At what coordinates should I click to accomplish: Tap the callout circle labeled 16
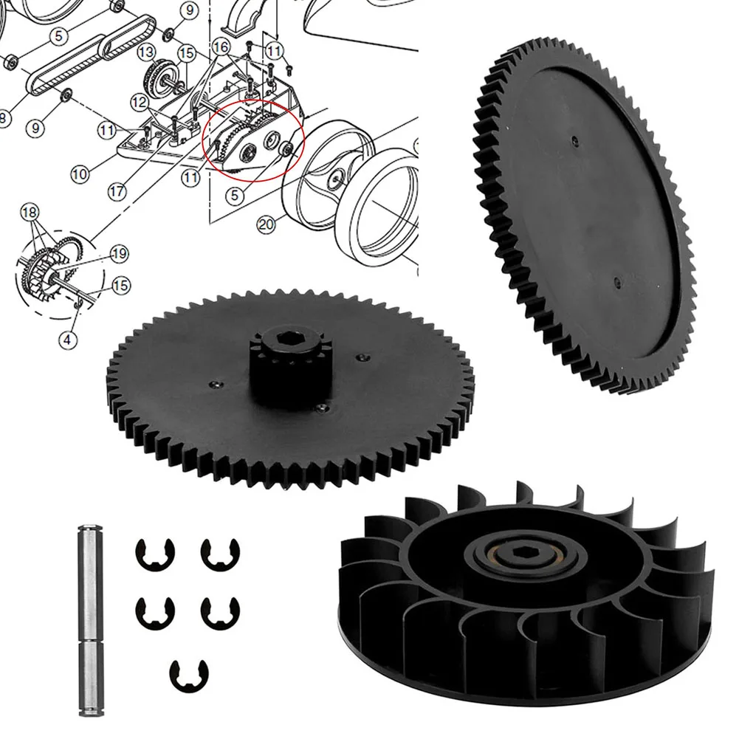pyautogui.click(x=221, y=46)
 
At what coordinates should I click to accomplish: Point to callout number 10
pyautogui.click(x=80, y=174)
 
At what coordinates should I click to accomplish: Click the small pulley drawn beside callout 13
pyautogui.click(x=159, y=75)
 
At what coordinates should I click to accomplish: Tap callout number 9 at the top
pyautogui.click(x=188, y=10)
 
